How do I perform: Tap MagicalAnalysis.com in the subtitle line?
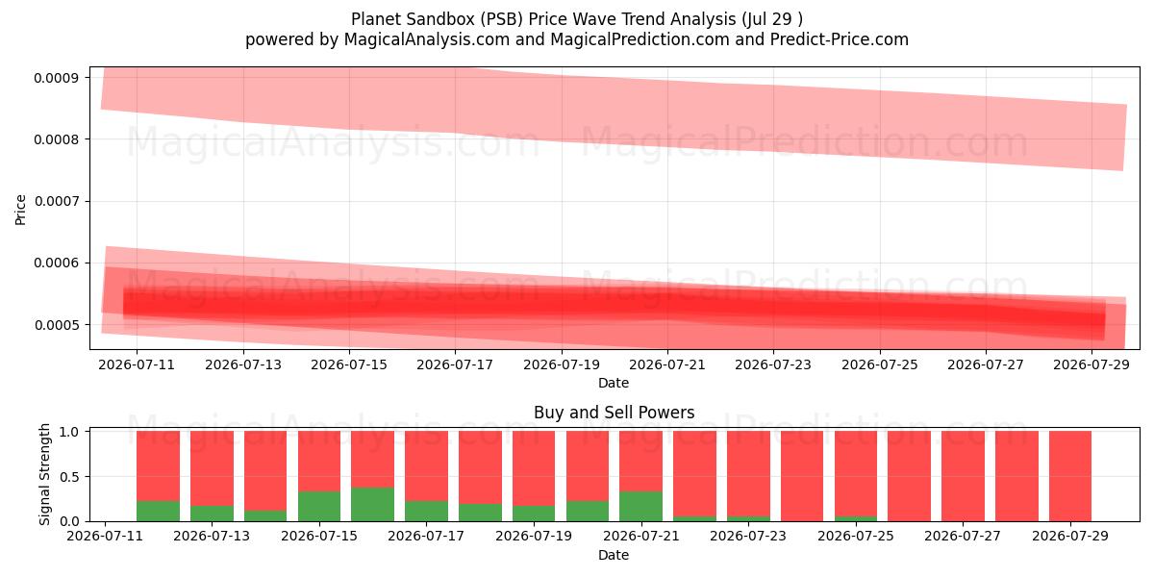(x=427, y=39)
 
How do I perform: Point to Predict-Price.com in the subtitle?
(x=840, y=39)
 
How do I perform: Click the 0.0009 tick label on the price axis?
(x=56, y=78)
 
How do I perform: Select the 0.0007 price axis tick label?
(x=56, y=201)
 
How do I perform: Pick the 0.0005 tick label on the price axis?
(x=56, y=325)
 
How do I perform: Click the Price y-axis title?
(x=20, y=210)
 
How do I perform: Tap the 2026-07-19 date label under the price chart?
(x=562, y=364)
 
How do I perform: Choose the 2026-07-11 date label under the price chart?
(x=137, y=364)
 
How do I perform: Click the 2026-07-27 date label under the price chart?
(x=986, y=364)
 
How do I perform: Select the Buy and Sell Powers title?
(x=615, y=413)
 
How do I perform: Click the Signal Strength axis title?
(x=44, y=474)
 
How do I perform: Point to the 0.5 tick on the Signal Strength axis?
(x=69, y=477)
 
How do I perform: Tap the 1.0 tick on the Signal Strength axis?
(x=69, y=432)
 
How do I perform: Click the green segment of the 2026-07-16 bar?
(x=372, y=504)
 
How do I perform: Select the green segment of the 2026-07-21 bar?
(x=640, y=507)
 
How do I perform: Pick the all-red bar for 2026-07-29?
(x=1070, y=477)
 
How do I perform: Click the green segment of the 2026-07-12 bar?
(x=158, y=511)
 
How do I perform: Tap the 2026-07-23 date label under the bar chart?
(x=748, y=536)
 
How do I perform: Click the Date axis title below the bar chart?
(x=614, y=555)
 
